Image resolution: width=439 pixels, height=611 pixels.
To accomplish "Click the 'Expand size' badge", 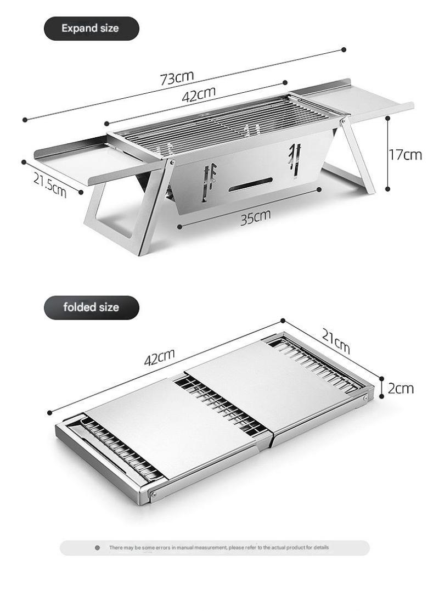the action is point(91,29).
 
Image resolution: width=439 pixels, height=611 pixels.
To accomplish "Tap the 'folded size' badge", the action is point(91,307).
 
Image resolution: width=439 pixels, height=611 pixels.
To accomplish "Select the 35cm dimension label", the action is point(255,217).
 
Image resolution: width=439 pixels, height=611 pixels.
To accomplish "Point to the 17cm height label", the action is point(405,155).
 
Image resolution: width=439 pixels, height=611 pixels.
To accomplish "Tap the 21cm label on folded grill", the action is point(336,340).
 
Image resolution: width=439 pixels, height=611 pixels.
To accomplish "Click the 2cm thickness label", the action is point(401,389).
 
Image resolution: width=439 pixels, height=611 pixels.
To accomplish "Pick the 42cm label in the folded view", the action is point(159,357).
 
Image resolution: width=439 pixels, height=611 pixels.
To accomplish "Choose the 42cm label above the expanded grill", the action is point(199,94).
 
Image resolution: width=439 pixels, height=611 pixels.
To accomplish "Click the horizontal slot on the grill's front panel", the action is point(250,184).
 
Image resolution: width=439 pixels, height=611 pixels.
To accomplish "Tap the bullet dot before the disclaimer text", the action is point(97,547).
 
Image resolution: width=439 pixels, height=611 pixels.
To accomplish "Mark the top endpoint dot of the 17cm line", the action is point(387,117).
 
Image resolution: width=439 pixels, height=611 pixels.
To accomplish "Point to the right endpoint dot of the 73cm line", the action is point(344,49).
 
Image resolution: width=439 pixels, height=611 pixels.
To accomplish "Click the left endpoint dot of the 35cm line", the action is point(179,226).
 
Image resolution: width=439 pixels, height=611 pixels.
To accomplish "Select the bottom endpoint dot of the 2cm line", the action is point(381,396).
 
